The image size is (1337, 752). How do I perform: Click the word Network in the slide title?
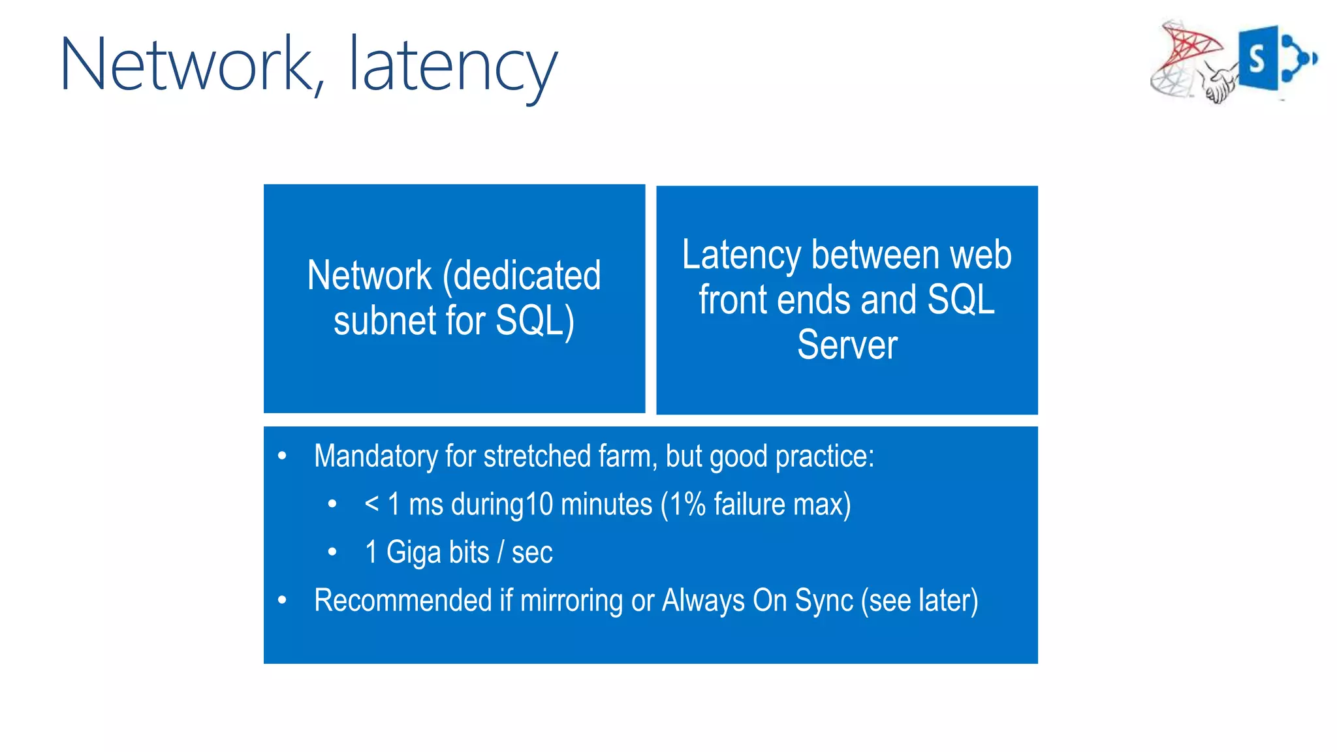click(187, 65)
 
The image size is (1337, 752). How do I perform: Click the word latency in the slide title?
click(453, 66)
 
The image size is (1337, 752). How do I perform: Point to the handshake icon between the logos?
click(1218, 86)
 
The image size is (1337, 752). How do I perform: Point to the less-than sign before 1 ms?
click(371, 504)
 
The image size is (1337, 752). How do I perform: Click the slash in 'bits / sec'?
click(500, 552)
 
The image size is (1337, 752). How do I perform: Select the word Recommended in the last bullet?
click(403, 600)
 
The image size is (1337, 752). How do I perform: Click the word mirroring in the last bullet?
click(571, 600)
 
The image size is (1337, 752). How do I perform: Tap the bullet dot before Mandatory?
click(282, 456)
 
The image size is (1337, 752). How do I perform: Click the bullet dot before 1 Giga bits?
click(332, 552)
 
